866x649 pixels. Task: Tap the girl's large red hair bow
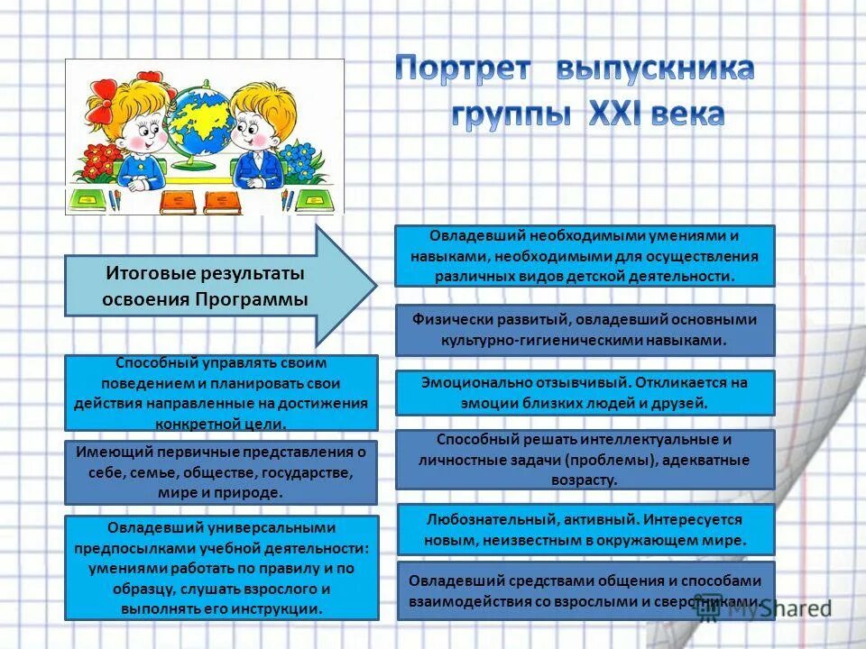pos(102,108)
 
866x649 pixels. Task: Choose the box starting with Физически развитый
pos(585,329)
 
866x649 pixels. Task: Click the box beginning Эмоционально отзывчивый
pos(585,392)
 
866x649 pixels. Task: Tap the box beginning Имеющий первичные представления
pos(221,471)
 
